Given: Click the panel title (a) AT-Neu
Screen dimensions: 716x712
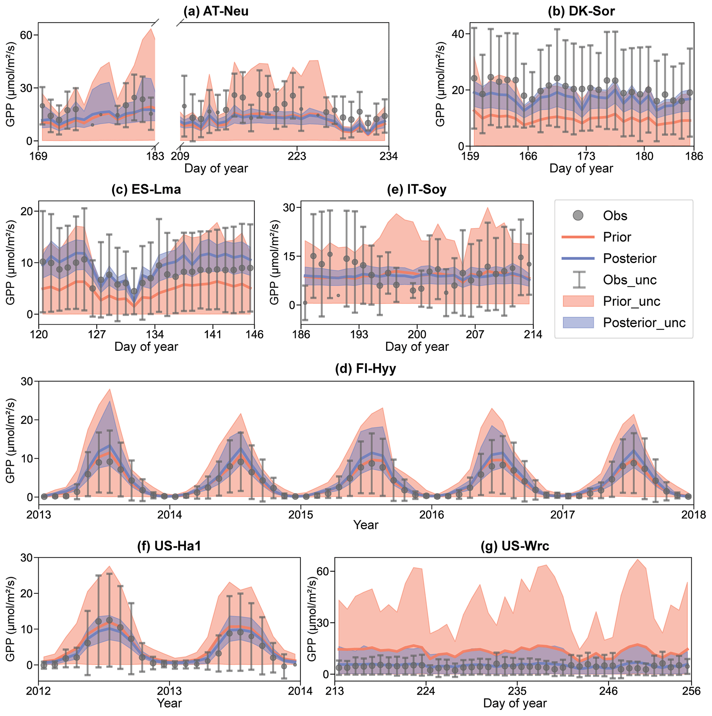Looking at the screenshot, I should [x=216, y=11].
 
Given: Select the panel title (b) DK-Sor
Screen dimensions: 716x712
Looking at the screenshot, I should [x=581, y=11].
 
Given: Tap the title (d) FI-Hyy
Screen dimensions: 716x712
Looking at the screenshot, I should [x=365, y=369].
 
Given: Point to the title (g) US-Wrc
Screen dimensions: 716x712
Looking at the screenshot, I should [x=515, y=546].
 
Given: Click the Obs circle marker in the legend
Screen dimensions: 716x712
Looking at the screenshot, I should [x=578, y=215].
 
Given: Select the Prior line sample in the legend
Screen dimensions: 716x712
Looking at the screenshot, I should [x=578, y=237].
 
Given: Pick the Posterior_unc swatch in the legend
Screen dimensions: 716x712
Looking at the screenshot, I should [x=578, y=323].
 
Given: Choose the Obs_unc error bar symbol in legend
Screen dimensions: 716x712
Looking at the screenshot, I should [x=578, y=280].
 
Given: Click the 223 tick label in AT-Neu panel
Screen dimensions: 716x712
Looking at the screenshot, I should [x=297, y=156].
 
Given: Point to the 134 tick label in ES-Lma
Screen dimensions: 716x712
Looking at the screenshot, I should [x=155, y=335].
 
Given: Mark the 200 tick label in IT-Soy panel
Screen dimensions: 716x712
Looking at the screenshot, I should [x=417, y=335].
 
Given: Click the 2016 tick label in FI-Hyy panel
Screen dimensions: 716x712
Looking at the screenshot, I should [x=432, y=514].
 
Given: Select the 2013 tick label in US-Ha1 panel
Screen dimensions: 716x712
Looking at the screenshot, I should [x=169, y=691].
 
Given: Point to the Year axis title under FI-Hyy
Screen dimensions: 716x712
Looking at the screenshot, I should [x=365, y=525].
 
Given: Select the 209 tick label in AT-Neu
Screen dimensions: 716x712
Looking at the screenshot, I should [x=180, y=156].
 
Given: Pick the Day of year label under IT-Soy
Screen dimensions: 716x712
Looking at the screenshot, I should [x=417, y=347].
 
